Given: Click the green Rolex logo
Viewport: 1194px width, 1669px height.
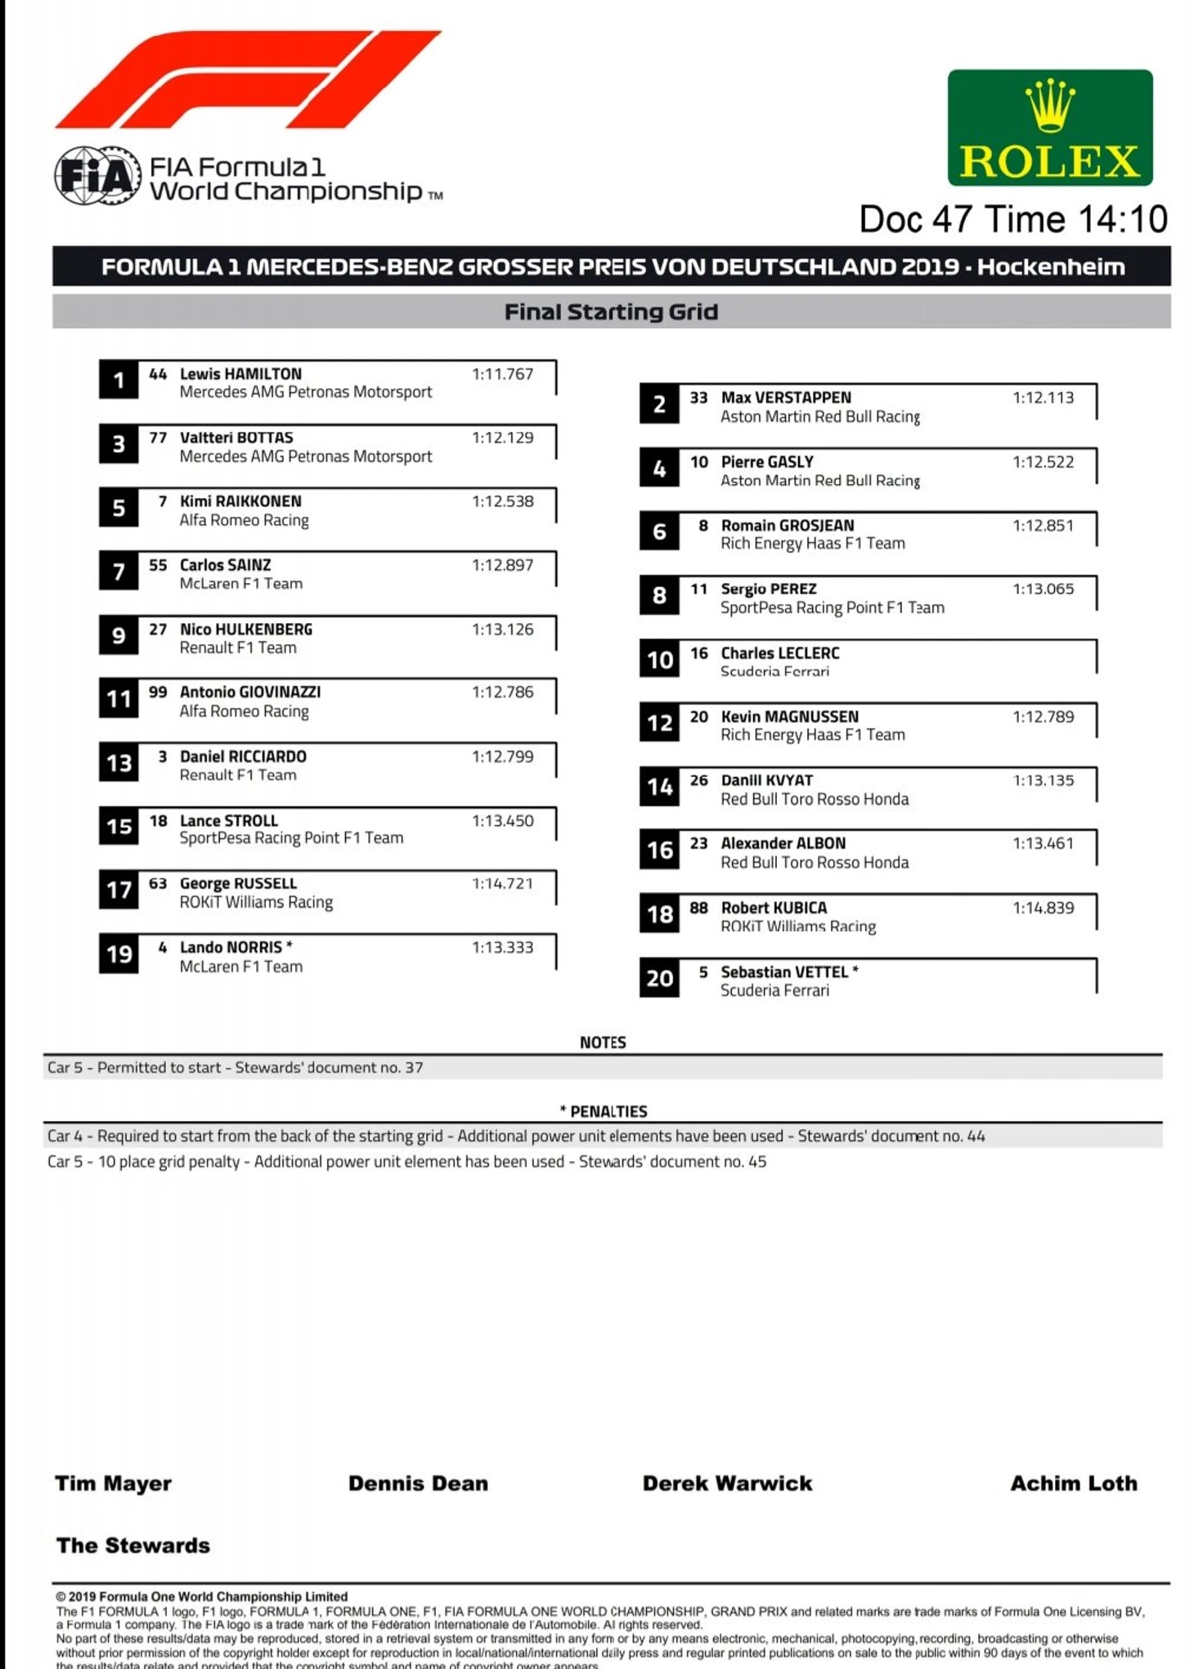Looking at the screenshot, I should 1049,128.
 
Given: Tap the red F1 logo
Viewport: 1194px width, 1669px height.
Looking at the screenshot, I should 248,80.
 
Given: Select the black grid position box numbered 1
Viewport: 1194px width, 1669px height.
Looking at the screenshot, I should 119,380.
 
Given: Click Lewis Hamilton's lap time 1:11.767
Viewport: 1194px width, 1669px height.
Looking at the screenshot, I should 502,374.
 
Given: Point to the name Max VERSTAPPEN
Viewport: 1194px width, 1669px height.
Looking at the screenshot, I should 785,397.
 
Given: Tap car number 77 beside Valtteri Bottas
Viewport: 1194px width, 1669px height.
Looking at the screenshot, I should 158,437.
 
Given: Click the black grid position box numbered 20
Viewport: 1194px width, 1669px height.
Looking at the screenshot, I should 659,978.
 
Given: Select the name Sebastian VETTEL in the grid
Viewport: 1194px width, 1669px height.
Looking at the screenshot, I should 783,971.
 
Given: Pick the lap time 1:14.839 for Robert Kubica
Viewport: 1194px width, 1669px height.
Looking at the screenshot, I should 1043,908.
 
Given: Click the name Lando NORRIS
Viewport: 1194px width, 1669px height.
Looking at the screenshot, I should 231,947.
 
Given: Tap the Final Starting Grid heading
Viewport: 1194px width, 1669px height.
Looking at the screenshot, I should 611,312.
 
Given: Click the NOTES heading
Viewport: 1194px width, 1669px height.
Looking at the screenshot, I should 603,1043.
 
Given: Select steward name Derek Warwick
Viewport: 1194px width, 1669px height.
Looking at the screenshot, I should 727,1483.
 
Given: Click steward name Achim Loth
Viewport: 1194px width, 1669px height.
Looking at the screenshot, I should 1073,1483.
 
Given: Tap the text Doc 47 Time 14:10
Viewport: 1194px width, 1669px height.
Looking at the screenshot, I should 1012,219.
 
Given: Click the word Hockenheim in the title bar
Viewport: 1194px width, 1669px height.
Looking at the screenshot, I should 1050,267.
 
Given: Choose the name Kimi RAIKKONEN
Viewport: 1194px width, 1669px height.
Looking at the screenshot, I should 240,501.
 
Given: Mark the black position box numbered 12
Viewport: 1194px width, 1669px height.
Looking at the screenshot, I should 659,723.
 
